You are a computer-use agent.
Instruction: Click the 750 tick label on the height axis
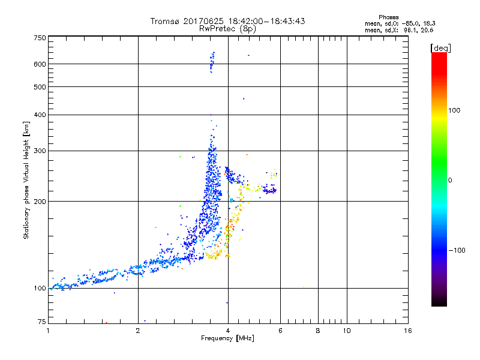(39, 38)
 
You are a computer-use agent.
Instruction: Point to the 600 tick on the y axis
(39, 64)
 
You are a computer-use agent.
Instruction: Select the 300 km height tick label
(39, 151)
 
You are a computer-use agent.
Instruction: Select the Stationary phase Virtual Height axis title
(26, 180)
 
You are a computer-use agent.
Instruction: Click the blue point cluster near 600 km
(212, 62)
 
